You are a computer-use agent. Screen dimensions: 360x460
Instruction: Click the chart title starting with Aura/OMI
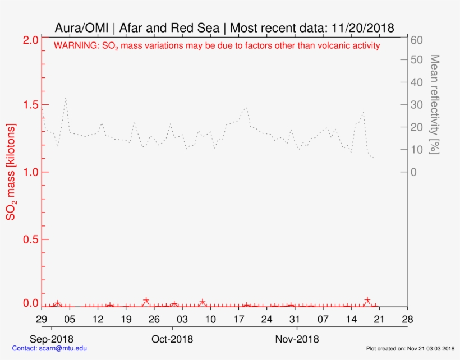(x=224, y=27)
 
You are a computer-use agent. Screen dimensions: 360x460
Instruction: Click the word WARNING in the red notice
(x=76, y=46)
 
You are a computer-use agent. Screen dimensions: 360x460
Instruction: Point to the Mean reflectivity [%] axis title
(x=434, y=105)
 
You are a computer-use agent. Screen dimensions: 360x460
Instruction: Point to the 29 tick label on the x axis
(x=42, y=319)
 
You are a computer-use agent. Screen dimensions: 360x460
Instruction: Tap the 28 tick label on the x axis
(x=407, y=319)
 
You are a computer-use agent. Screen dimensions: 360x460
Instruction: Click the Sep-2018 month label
(x=52, y=339)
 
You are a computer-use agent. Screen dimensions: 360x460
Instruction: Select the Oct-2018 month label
(x=173, y=339)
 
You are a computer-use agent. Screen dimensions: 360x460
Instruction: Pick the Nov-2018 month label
(x=297, y=339)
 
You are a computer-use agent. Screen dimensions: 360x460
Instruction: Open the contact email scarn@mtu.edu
(x=50, y=348)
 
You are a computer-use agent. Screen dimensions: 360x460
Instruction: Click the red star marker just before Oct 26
(x=146, y=301)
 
